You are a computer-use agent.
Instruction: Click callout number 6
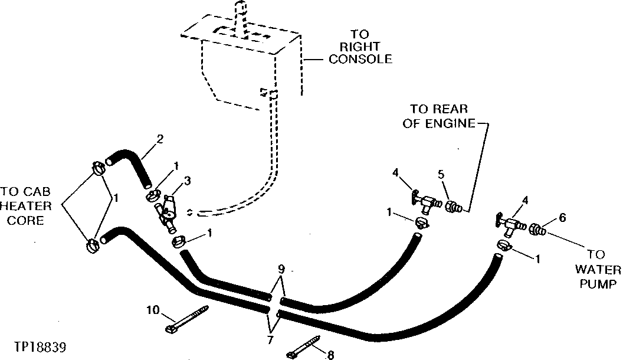(562, 218)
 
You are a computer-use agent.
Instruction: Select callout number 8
(330, 355)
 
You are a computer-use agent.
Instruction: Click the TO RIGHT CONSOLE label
(360, 47)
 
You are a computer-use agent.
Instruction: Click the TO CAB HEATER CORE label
(22, 206)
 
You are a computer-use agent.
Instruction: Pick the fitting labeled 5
(453, 207)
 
